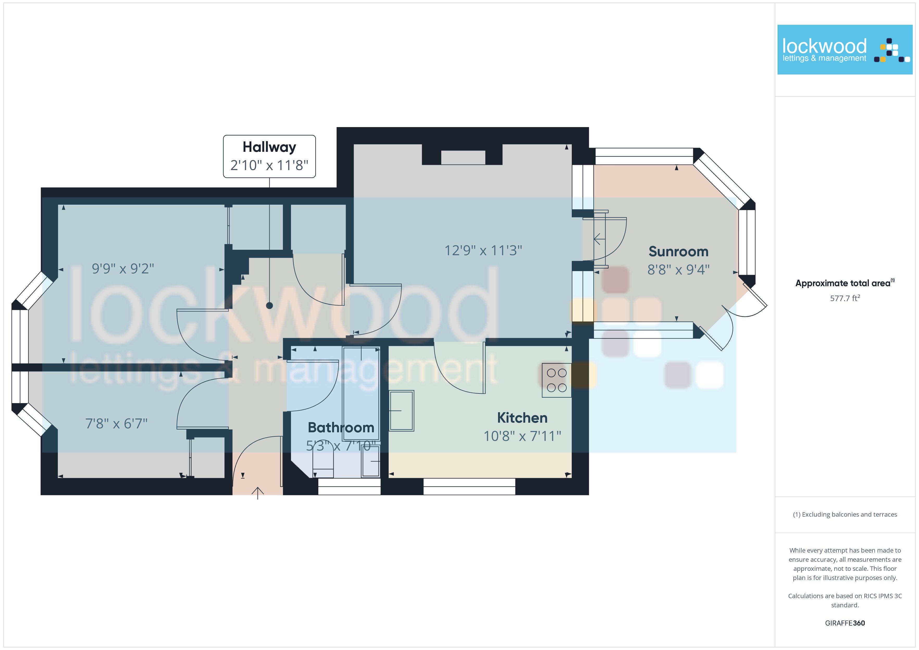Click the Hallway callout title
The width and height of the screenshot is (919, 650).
coord(269,147)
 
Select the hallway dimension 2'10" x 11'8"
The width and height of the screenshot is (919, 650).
coord(269,165)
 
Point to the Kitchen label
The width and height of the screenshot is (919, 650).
coord(522,418)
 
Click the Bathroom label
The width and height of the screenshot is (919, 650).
coord(341,427)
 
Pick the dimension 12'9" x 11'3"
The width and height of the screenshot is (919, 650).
coord(483,251)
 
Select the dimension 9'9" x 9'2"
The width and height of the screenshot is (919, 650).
coord(123,268)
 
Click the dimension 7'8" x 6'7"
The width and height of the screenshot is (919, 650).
coord(116,423)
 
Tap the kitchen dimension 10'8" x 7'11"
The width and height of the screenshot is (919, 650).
coord(522,436)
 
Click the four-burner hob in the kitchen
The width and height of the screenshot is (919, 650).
coord(557,380)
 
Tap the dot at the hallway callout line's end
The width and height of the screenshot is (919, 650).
coord(269,306)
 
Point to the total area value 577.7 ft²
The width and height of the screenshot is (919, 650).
coord(845,298)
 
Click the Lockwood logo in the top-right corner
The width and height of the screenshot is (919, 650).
coord(845,50)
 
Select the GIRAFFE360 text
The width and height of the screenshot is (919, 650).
coord(845,623)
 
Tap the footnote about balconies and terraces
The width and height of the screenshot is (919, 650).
coord(845,515)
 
